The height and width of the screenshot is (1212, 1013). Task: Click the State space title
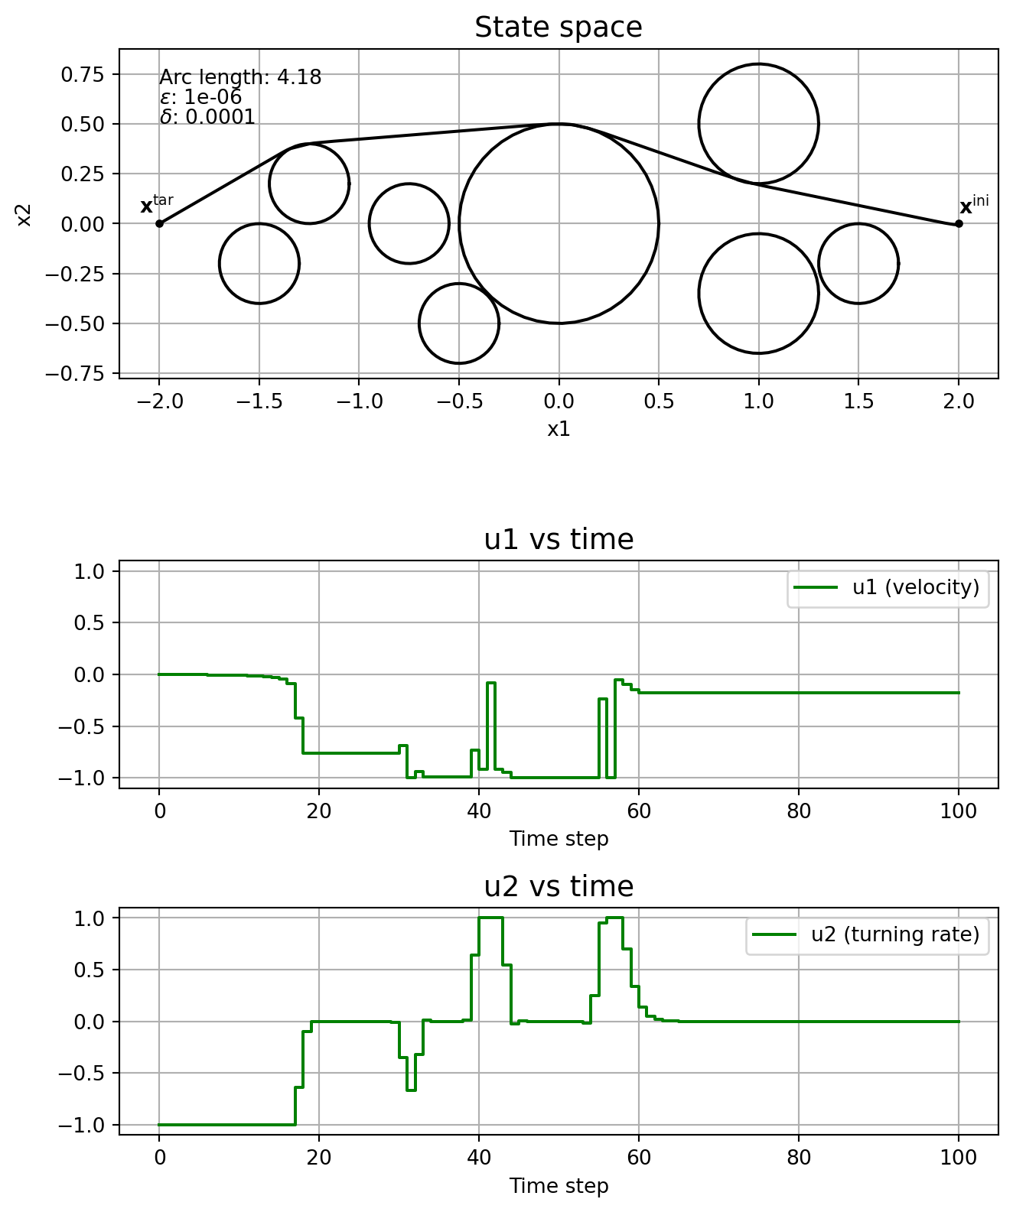click(559, 28)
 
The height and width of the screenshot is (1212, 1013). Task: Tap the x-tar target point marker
click(159, 223)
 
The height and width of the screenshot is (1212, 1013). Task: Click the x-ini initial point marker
click(959, 224)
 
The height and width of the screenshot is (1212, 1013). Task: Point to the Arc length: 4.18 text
click(240, 77)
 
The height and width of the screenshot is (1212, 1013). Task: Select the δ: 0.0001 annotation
click(207, 118)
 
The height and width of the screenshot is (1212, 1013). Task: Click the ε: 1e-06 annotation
click(200, 97)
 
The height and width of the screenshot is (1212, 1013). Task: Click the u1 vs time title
click(559, 540)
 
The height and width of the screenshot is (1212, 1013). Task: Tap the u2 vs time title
click(559, 887)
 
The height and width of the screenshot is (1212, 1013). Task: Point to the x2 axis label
click(24, 214)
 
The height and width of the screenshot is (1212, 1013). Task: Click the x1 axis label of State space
click(559, 429)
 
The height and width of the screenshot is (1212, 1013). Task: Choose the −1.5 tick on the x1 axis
click(259, 401)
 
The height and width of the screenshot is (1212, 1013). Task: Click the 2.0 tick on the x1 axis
click(959, 401)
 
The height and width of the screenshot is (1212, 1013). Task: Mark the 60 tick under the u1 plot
click(639, 811)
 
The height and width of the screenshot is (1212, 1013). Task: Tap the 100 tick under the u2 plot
click(959, 1158)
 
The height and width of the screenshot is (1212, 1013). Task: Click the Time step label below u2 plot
click(559, 1186)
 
